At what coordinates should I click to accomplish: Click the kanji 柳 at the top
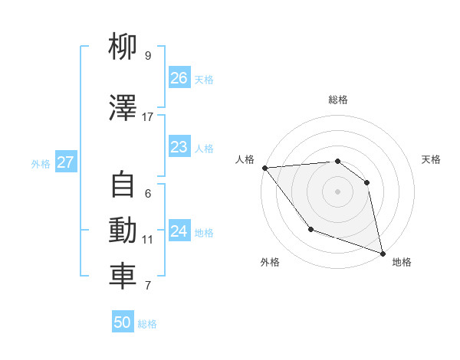point(123,47)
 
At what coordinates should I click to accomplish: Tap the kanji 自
point(123,185)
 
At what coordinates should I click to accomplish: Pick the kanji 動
point(123,231)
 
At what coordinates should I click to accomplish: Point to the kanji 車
point(123,277)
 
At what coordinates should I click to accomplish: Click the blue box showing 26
point(179,78)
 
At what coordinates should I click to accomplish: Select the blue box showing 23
point(179,147)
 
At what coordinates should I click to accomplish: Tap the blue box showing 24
point(179,231)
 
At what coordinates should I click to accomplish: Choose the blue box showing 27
point(65,162)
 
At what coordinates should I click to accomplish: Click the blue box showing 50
point(123,322)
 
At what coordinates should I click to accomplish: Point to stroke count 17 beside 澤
point(148,116)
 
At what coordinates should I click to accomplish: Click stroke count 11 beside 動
point(148,239)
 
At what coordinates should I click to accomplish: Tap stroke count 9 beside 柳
point(148,56)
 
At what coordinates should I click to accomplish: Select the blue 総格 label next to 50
point(147,324)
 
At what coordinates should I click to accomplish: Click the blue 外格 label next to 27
point(41,163)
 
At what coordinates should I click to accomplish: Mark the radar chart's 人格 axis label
point(245,159)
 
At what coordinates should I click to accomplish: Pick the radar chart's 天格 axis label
point(431,159)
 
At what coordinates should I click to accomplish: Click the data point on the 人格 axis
point(264,168)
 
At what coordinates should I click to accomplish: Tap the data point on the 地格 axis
point(382,253)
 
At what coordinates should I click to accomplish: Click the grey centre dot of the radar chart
point(337,191)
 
